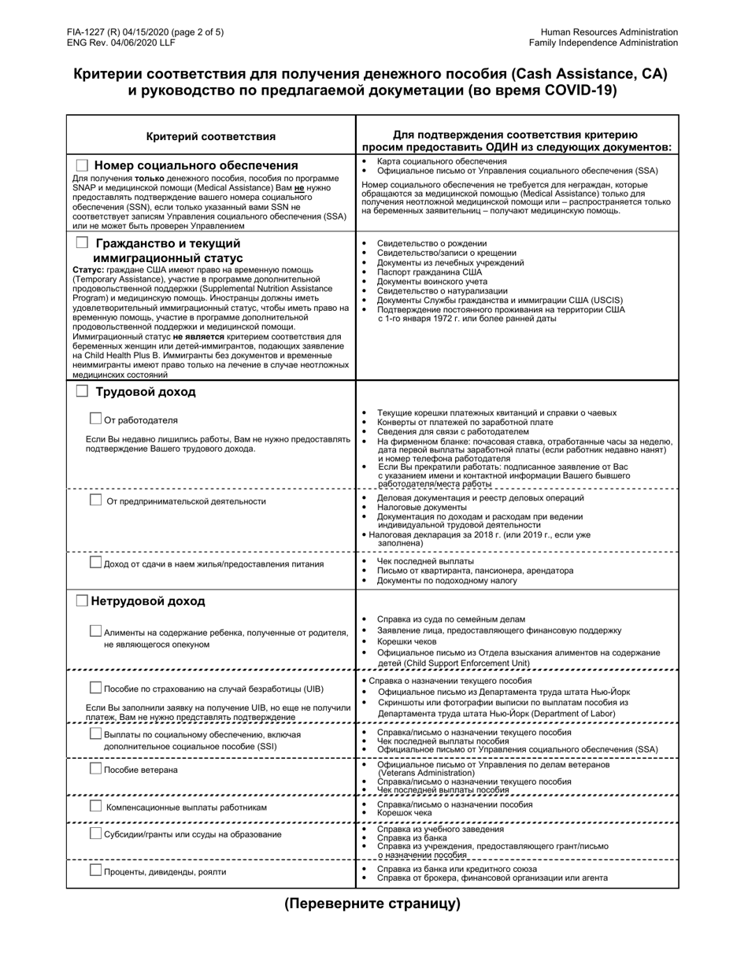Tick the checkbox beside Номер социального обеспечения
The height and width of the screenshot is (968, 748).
(82, 165)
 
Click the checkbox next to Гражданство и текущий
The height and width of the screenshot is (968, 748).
(82, 243)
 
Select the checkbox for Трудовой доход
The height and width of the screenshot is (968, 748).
(82, 391)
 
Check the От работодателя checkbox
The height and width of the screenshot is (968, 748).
(96, 419)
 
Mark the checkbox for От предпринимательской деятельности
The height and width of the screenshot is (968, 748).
(96, 500)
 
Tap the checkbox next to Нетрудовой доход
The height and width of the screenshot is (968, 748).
(82, 600)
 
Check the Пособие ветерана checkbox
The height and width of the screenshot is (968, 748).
(96, 768)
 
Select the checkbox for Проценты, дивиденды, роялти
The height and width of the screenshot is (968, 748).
(96, 870)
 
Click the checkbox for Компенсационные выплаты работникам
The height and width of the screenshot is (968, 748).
(96, 806)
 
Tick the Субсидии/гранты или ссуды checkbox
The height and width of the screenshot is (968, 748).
(96, 833)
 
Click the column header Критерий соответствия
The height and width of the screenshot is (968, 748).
(211, 136)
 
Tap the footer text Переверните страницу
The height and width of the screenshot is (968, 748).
(372, 903)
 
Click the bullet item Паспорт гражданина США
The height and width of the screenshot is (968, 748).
(429, 272)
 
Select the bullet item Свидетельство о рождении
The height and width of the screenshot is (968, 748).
(431, 243)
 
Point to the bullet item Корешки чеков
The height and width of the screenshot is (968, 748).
(406, 641)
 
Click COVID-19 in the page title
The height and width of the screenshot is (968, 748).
(577, 90)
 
